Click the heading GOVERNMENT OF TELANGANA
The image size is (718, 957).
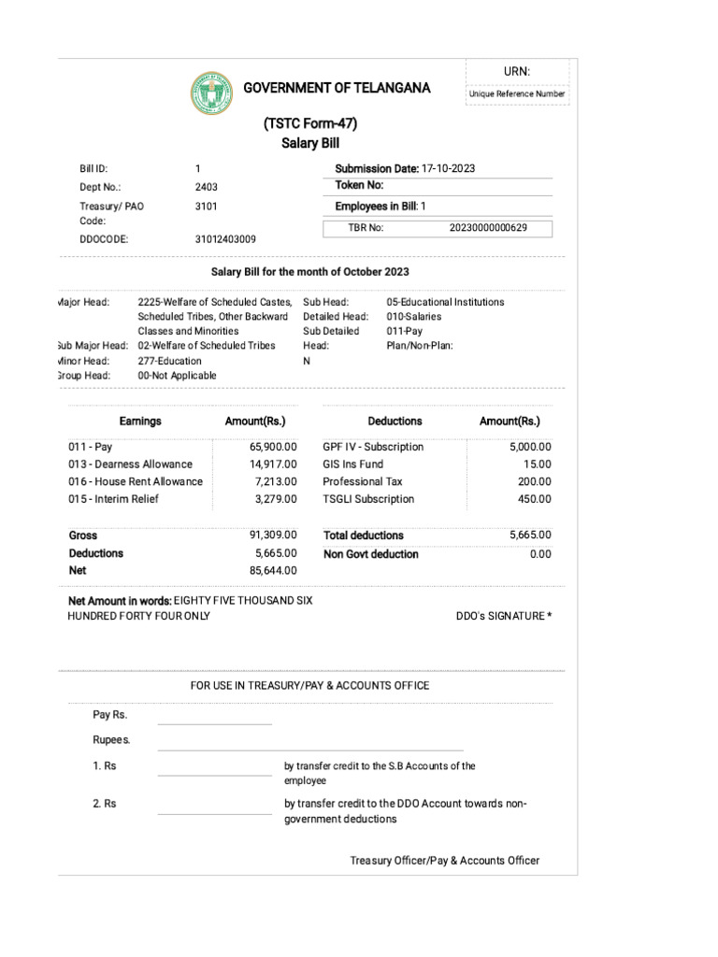click(337, 88)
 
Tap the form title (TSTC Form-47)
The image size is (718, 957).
click(309, 124)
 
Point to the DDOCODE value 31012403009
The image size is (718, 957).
click(224, 239)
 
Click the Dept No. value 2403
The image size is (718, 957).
click(206, 186)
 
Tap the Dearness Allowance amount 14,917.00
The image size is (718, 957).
click(272, 464)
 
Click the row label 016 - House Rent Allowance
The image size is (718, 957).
click(135, 481)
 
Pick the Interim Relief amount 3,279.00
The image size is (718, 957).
click(275, 499)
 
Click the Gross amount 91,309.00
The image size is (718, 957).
click(272, 535)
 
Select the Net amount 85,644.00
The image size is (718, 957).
click(272, 569)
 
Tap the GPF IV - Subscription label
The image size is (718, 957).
click(373, 447)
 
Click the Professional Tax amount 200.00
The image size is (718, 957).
click(536, 481)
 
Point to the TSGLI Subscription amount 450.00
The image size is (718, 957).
click(536, 499)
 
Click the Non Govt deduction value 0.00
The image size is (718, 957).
click(540, 554)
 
